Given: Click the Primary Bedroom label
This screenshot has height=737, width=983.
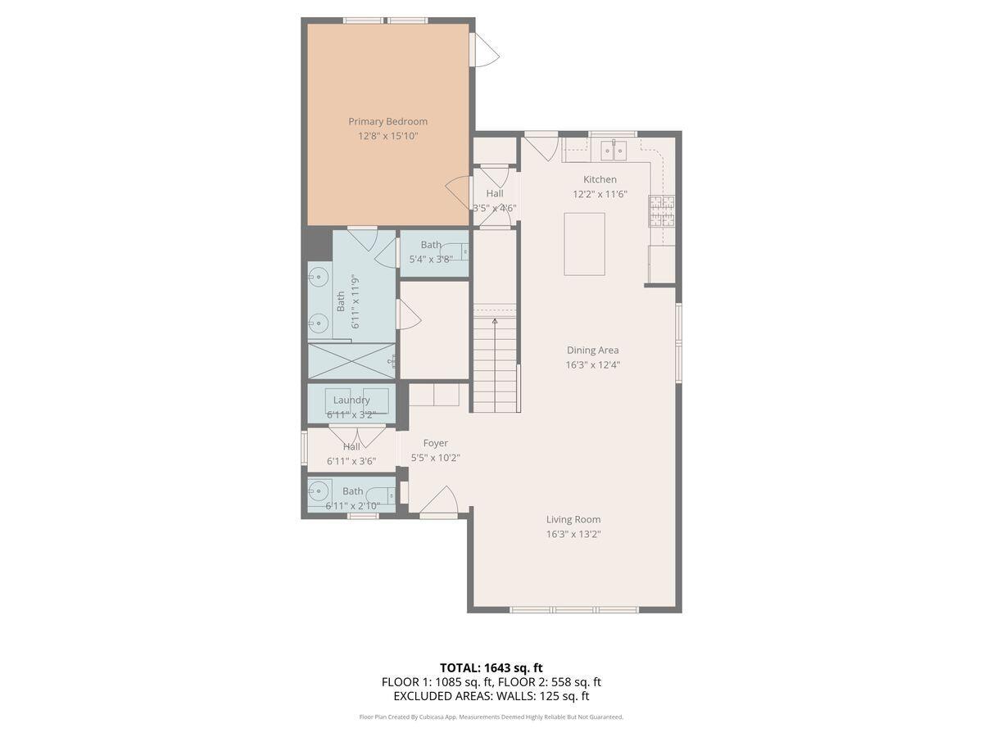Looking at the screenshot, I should pos(387,121).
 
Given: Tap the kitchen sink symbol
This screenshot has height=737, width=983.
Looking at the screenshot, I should pos(613,150).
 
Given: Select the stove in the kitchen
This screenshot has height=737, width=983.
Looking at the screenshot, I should pos(662,210).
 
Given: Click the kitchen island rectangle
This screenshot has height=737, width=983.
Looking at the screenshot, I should pos(584,244).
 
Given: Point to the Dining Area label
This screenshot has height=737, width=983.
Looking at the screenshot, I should pos(592,350).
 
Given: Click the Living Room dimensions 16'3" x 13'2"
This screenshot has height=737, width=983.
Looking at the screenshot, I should pos(573,534).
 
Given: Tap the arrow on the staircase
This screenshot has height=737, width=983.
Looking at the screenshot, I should pos(495,323).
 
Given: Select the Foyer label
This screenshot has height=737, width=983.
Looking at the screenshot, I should pos(435,443).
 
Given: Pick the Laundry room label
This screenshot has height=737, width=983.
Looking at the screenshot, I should pos(351,400).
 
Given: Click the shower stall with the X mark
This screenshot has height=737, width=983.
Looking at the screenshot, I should pos(351,360).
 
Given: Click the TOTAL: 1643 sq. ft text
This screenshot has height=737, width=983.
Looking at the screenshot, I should pos(491,667).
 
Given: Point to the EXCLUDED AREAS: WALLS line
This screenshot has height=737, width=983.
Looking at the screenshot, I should pos(491,696).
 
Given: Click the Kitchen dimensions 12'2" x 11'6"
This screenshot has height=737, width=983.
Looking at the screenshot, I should pos(600,194).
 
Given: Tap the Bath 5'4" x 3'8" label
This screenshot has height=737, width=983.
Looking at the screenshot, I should pos(431,251).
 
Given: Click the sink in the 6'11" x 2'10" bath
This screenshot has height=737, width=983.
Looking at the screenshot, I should pos(319,491).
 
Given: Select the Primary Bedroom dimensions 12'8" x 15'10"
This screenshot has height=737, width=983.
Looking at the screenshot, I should pos(387,136).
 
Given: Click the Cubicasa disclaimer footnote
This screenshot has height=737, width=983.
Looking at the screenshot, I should pos(491,717).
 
